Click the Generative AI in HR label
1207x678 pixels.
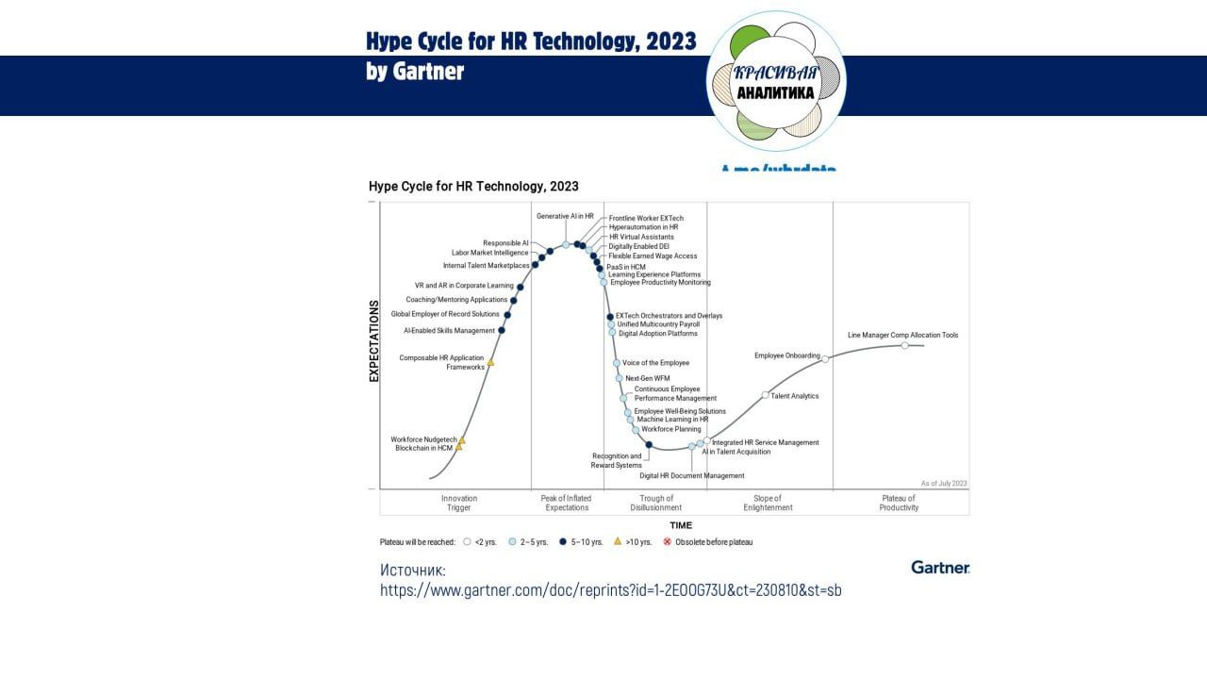565,216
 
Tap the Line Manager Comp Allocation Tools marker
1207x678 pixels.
905,345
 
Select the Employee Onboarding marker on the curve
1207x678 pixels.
825,358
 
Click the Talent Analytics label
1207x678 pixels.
795,396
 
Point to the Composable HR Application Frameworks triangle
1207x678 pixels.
490,362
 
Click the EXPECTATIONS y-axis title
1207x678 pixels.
374,340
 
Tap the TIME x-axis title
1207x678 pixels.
681,525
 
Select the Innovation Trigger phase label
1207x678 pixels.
459,503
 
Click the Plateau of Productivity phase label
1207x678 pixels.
899,503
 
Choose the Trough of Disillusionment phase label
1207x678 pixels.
656,503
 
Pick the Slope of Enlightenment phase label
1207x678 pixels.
768,503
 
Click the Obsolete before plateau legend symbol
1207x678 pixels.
668,542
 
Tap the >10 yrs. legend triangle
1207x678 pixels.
618,541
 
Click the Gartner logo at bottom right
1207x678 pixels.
940,567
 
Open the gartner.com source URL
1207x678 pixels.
611,590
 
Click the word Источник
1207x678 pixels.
413,570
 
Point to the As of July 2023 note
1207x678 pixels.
944,483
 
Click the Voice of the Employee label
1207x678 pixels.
656,363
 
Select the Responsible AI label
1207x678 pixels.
505,243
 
